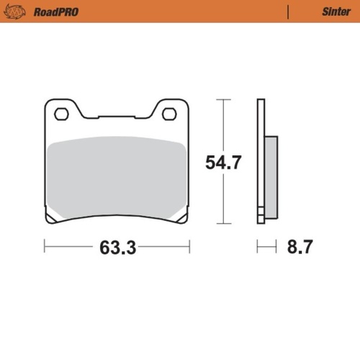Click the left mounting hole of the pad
(x=61, y=113)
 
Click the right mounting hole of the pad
(x=169, y=113)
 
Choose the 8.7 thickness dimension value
(x=299, y=248)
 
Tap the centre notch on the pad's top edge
(x=115, y=116)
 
